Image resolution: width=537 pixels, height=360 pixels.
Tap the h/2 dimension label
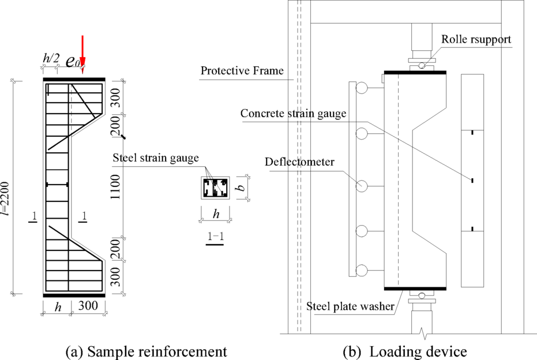51,58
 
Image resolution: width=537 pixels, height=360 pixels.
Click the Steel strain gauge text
156,157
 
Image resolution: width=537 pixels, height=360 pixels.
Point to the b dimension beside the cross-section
243,187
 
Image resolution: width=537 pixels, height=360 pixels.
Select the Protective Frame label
242,71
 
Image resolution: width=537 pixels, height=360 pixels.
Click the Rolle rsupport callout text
475,40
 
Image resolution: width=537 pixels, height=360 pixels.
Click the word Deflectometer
300,162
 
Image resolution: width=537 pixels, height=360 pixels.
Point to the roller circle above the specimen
423,65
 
